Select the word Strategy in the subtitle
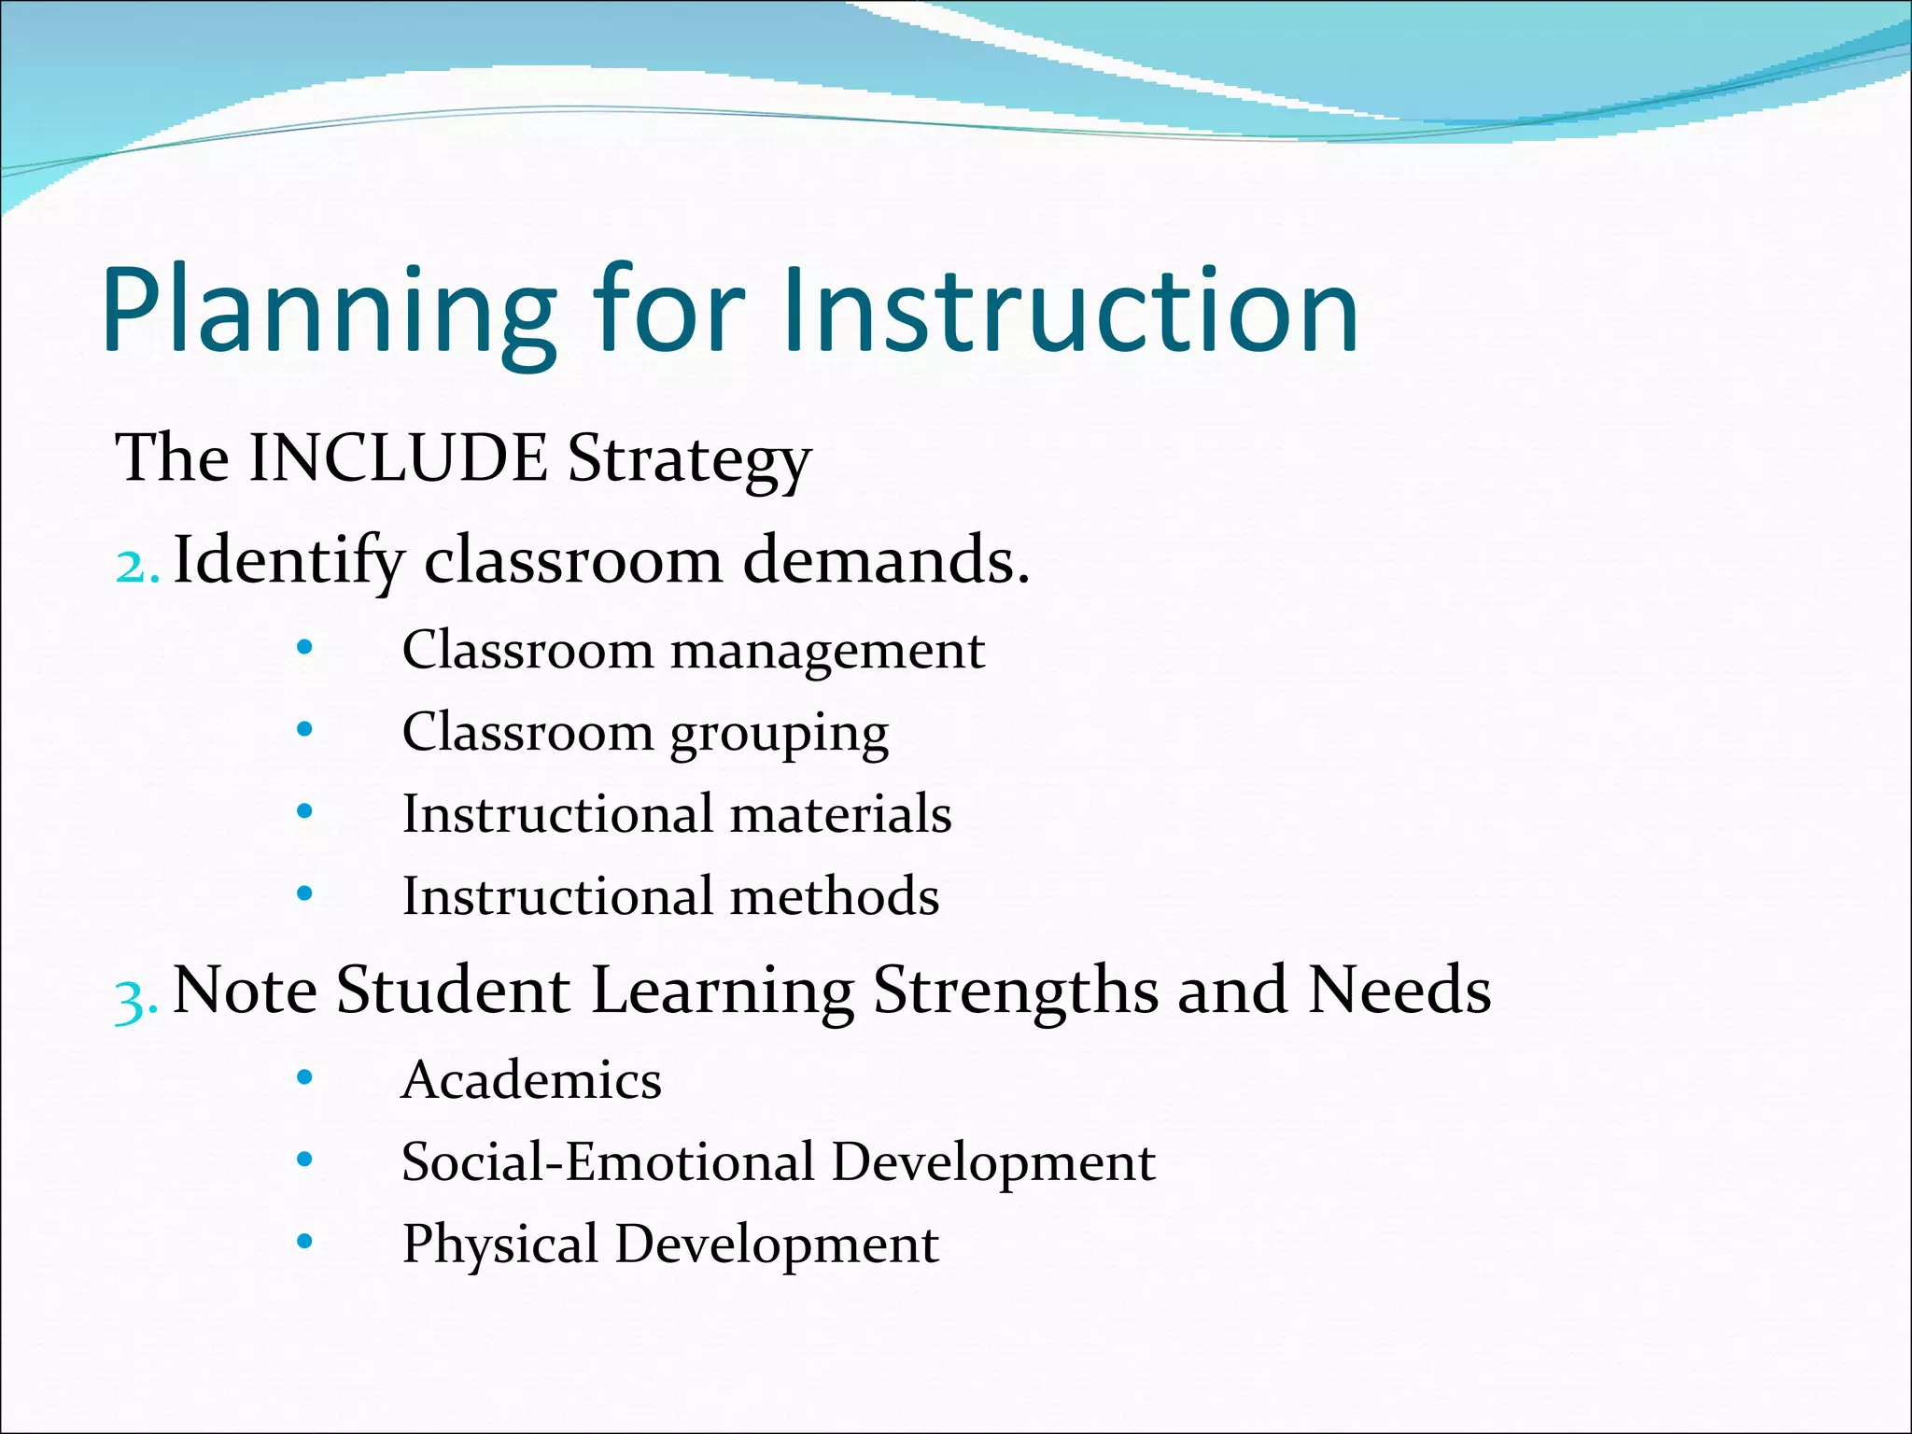click(x=690, y=460)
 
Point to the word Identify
click(x=289, y=561)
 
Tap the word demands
click(x=886, y=561)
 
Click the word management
click(x=827, y=652)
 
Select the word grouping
click(x=780, y=734)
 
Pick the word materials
click(x=840, y=813)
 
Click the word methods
click(x=835, y=896)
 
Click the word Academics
click(x=531, y=1080)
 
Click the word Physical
click(x=500, y=1245)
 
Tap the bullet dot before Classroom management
click(x=304, y=647)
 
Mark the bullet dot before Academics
click(x=304, y=1078)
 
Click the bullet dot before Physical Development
click(x=304, y=1242)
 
